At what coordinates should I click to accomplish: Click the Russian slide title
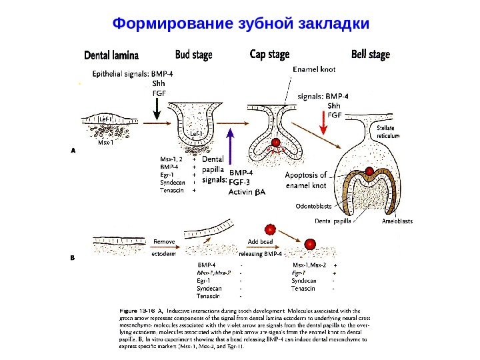241,25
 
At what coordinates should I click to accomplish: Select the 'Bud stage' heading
193,54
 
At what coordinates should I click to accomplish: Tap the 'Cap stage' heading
269,54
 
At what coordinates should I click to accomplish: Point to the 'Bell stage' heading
370,54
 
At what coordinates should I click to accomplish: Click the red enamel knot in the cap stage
274,141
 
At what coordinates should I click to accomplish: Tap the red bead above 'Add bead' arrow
270,229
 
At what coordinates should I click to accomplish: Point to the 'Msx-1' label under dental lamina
105,143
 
